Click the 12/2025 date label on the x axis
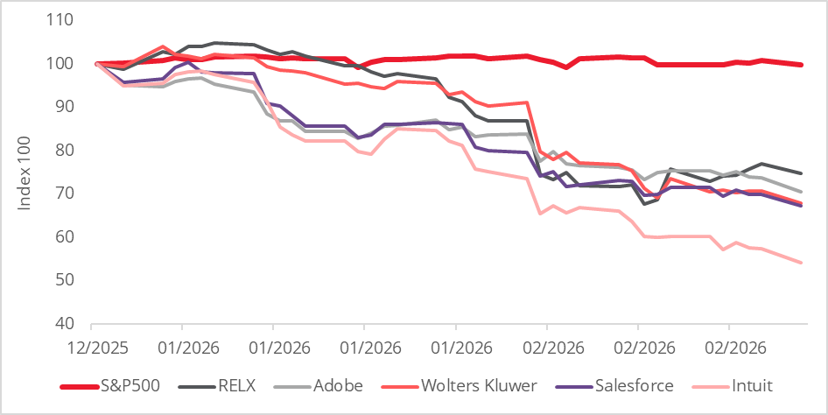coord(95,347)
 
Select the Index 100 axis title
coord(25,172)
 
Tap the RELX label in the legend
coord(232,385)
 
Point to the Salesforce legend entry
coord(632,385)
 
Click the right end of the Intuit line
coord(803,262)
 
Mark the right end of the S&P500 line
coord(803,65)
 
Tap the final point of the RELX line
coord(803,173)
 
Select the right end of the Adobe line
coord(803,192)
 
